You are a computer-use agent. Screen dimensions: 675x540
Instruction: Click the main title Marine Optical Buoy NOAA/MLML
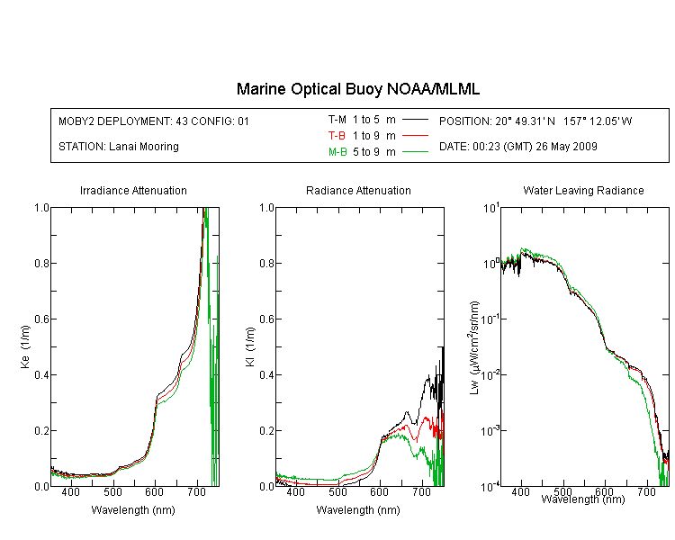pos(358,89)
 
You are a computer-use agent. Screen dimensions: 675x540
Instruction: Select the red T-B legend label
pos(337,136)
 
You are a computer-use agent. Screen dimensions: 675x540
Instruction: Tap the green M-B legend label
pos(337,152)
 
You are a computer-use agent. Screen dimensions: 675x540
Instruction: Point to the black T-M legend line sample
pos(415,120)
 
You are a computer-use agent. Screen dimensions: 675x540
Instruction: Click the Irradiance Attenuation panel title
pos(133,191)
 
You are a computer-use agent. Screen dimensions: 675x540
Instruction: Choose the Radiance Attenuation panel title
pos(358,191)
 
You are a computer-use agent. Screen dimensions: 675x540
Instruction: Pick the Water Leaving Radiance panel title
pos(583,191)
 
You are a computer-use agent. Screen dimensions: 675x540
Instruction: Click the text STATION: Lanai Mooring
pos(119,147)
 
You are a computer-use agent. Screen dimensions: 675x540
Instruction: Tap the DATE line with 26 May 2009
pos(518,147)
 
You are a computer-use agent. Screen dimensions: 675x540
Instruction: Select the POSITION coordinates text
pos(536,121)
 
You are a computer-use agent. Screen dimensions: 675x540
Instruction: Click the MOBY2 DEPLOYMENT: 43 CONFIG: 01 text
pos(154,121)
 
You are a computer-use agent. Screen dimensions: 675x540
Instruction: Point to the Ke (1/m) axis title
pos(25,346)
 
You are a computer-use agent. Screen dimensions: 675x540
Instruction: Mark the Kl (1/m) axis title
pos(250,346)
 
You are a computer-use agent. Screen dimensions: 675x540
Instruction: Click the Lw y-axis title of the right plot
pos(474,347)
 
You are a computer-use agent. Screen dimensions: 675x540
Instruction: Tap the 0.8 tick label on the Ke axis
pos(41,263)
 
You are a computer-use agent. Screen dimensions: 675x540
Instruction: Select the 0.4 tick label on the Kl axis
pos(267,375)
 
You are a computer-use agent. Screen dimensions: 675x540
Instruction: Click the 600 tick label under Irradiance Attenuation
pos(155,492)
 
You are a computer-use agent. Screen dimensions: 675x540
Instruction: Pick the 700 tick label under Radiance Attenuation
pos(422,492)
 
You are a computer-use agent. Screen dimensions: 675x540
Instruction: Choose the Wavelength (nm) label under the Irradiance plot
pos(133,510)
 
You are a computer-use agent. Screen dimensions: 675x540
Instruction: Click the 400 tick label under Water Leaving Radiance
pos(521,491)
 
